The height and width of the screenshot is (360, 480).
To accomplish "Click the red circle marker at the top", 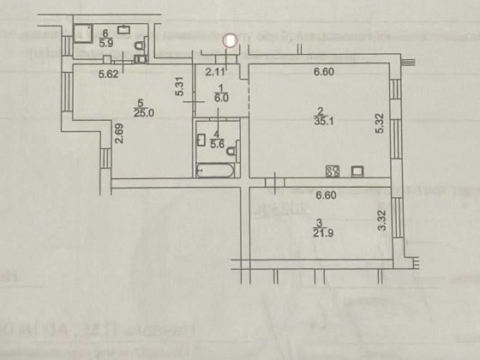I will [230, 39].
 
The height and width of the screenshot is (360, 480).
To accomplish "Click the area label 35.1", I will [320, 122].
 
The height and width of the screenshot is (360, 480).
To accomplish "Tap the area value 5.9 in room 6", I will [106, 41].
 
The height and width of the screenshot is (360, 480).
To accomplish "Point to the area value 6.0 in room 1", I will [221, 99].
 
